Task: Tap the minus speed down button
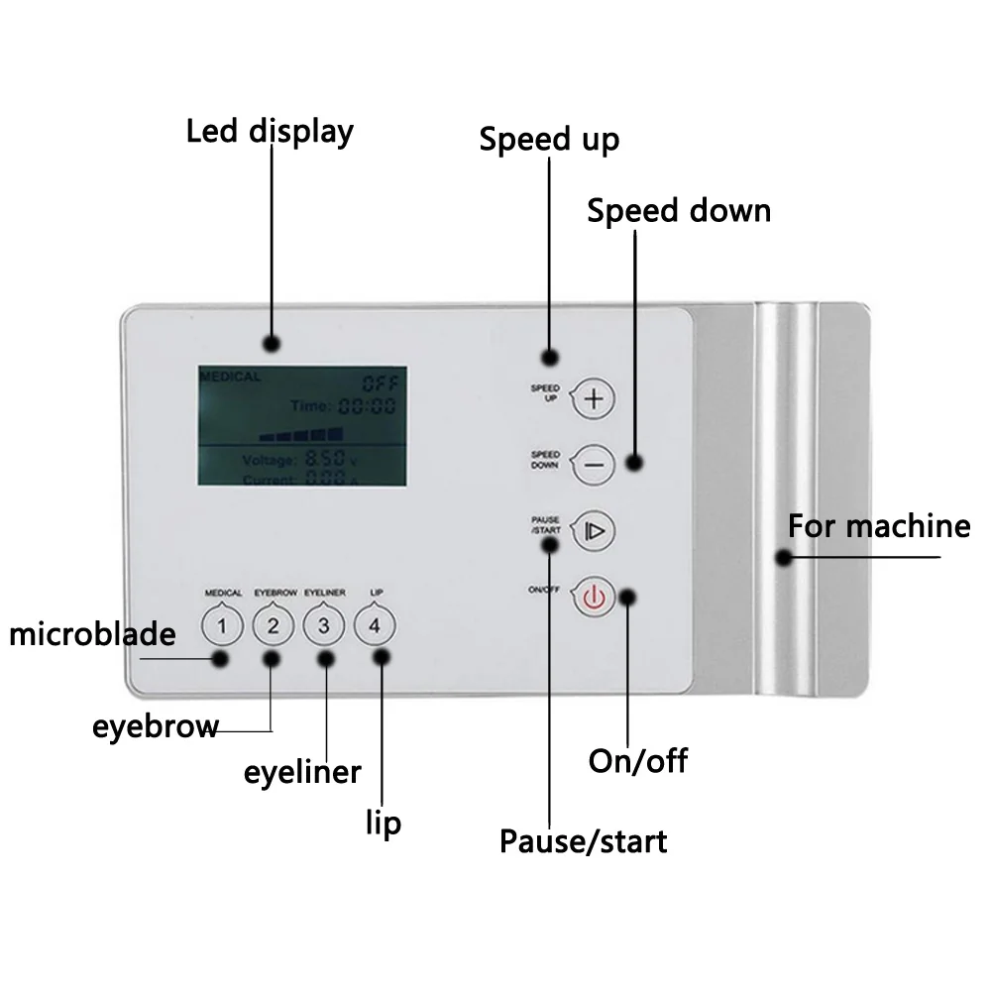(594, 464)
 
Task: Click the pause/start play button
(595, 530)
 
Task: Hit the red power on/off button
(594, 597)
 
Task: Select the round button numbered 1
(223, 625)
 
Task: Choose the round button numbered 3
(324, 625)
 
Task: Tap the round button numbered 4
(375, 625)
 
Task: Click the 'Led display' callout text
(270, 132)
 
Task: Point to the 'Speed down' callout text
(678, 211)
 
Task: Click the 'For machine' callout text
(879, 525)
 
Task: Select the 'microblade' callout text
(92, 634)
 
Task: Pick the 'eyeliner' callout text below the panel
(302, 772)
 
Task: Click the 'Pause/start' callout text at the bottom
(583, 842)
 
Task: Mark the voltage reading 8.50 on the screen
(324, 459)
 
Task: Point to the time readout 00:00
(367, 405)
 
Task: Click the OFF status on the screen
(378, 382)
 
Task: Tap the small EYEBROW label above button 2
(275, 593)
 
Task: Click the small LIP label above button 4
(376, 593)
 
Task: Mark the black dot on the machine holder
(783, 558)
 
